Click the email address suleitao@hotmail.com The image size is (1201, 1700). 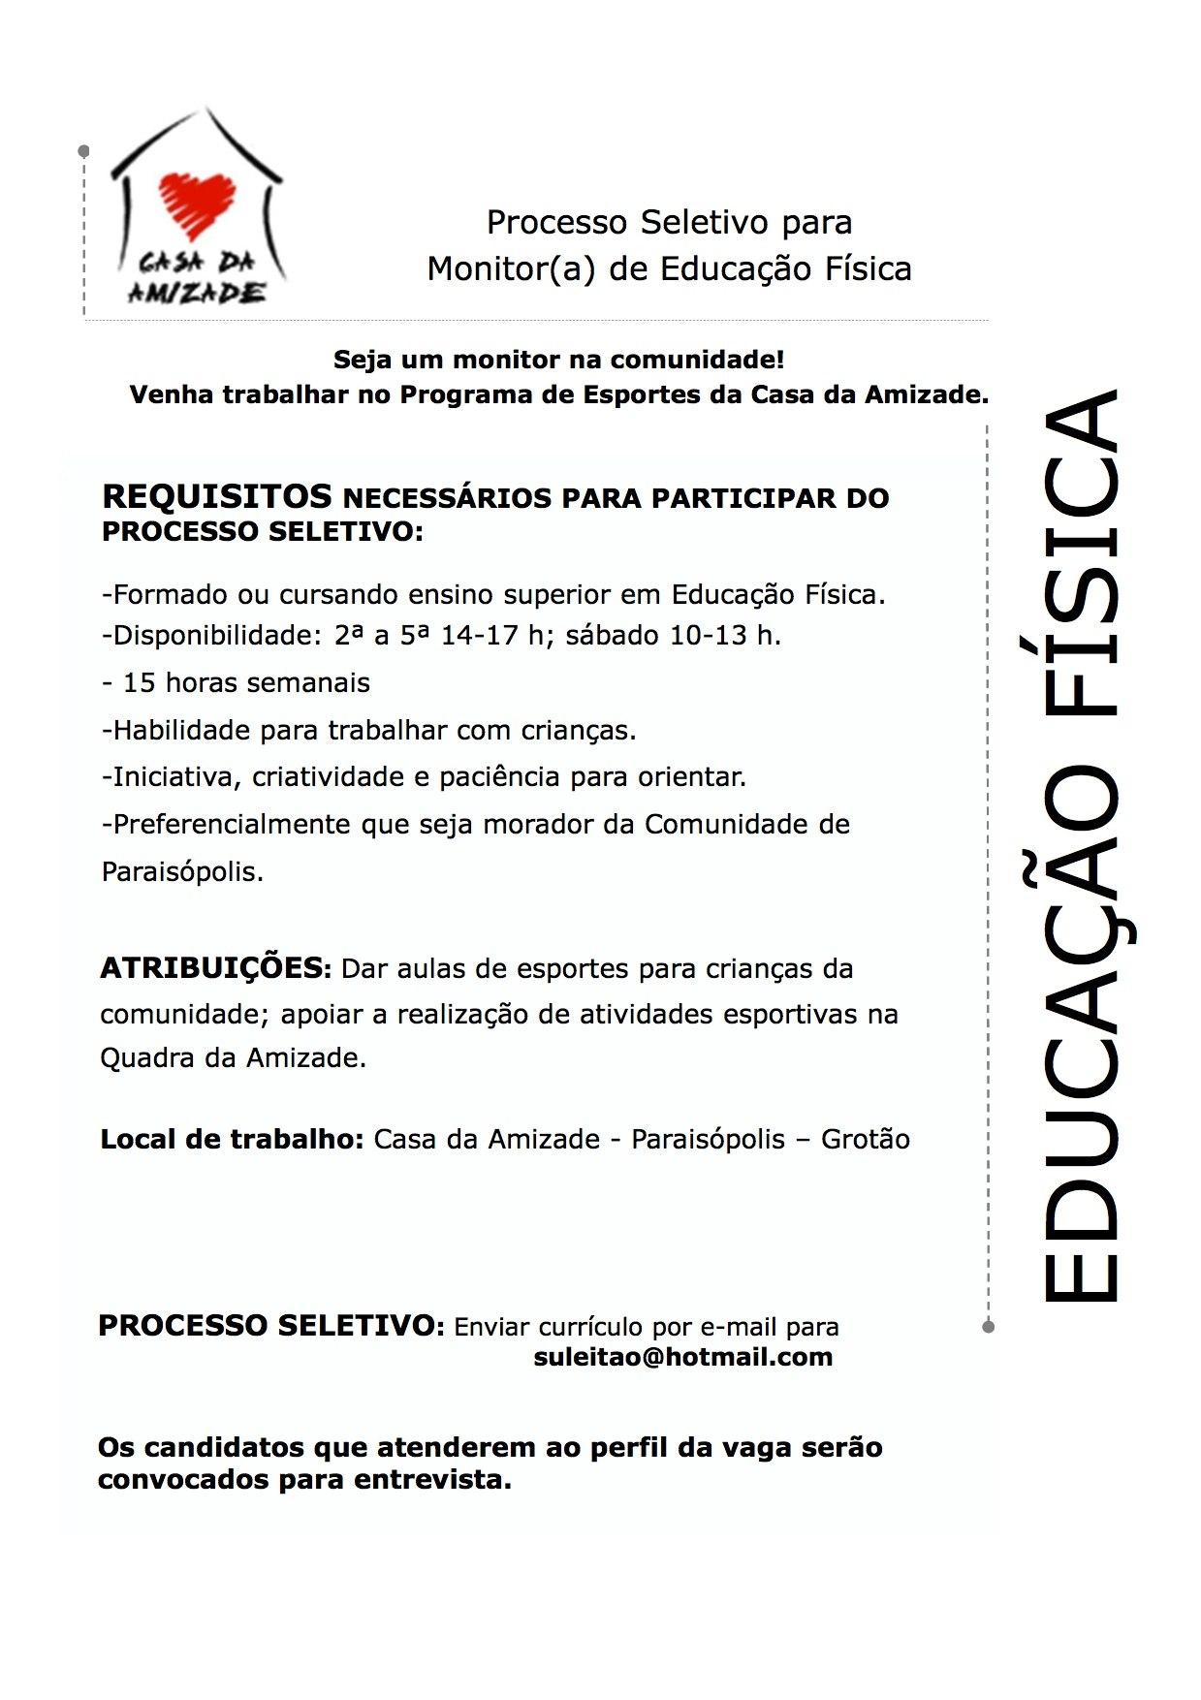682,1357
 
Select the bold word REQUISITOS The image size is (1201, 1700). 217,496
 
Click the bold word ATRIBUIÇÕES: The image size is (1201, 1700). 216,968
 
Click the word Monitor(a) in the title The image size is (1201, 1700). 511,268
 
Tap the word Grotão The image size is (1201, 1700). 865,1139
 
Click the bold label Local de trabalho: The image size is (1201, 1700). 232,1139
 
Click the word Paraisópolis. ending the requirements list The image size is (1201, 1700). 182,871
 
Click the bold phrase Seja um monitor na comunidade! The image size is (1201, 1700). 558,360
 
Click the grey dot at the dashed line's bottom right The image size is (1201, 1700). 988,1326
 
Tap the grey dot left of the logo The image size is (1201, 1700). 84,151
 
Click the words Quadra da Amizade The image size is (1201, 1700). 233,1057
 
